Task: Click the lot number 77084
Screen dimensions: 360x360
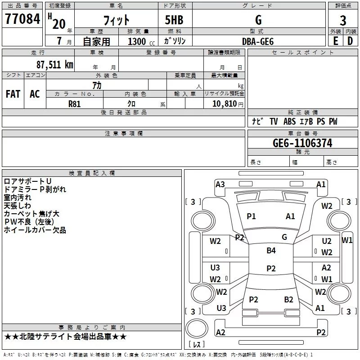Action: click(22, 19)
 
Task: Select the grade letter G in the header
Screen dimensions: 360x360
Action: click(258, 20)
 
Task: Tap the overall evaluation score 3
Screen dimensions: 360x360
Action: click(343, 20)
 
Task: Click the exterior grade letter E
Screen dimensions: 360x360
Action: click(335, 41)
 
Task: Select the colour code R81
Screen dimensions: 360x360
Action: click(74, 104)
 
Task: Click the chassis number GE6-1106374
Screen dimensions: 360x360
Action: click(302, 143)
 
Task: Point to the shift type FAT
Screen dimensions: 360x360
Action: click(13, 94)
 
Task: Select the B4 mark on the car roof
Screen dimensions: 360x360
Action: click(271, 251)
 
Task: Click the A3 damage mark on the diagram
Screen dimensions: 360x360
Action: click(220, 184)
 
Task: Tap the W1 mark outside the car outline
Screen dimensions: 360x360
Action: click(347, 240)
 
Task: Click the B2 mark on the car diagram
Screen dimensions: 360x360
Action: click(288, 299)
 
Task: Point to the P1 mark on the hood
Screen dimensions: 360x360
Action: click(251, 216)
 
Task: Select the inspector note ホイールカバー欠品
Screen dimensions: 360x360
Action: click(35, 230)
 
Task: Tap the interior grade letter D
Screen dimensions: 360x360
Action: click(350, 41)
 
